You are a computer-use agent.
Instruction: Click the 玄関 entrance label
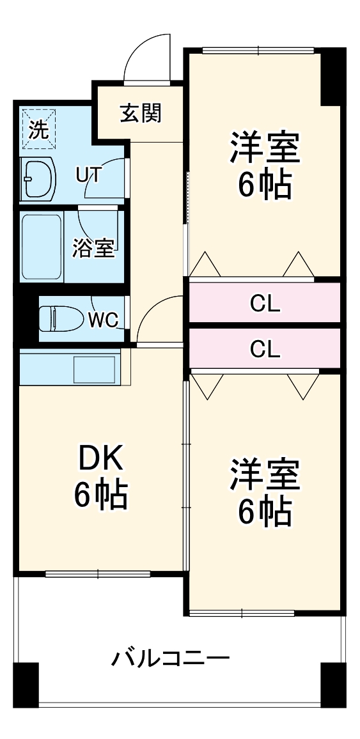[141, 113]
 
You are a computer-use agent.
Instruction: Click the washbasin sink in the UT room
[39, 177]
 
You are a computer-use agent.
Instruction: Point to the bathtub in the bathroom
[42, 246]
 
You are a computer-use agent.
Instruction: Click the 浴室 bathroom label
[93, 248]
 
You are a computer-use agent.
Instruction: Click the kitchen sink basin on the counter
[95, 369]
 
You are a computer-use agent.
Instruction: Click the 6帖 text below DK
[100, 494]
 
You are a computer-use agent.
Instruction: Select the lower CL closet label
[265, 348]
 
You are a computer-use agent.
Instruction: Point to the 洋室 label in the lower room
[265, 475]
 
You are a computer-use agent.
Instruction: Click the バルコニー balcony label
[171, 658]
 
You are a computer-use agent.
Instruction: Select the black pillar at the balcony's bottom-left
[26, 685]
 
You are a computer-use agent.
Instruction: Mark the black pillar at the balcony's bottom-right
[333, 685]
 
